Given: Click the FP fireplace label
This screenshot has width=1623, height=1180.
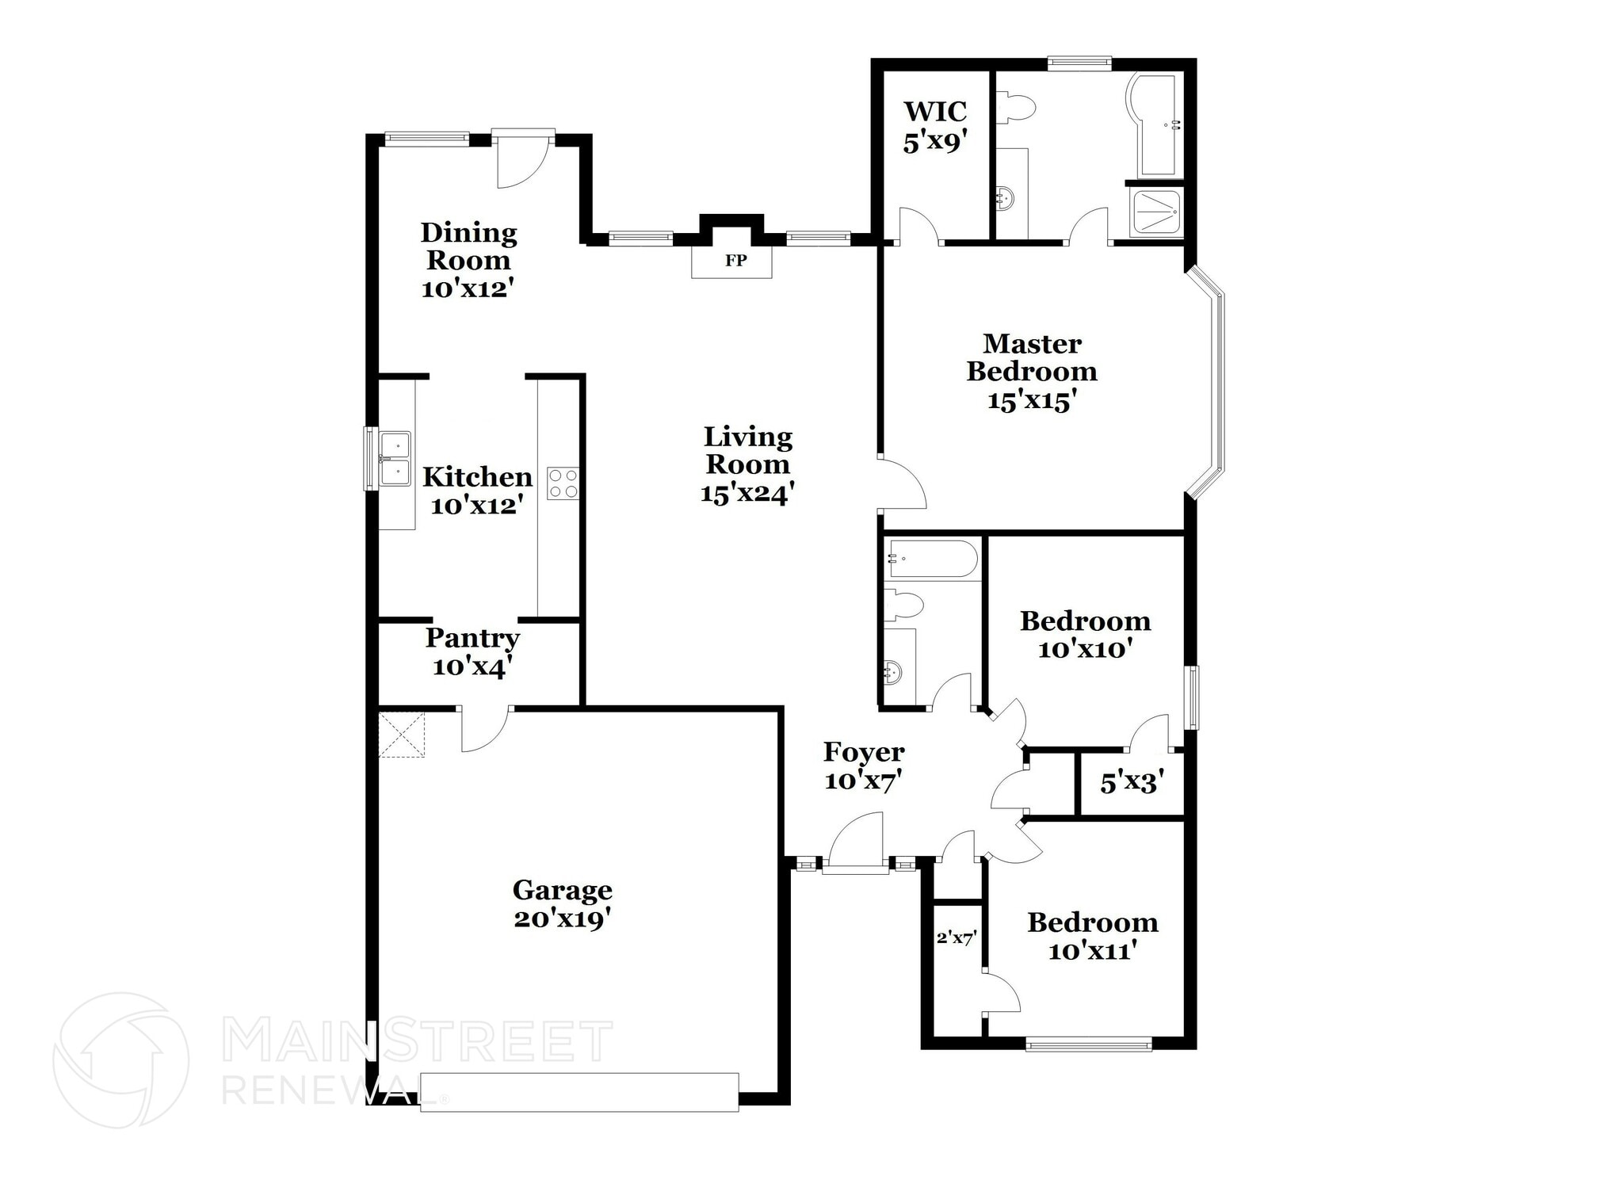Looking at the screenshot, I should point(735,261).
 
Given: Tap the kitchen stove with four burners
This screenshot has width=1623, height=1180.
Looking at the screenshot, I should point(563,483).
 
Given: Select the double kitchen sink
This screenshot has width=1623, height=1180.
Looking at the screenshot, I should point(394,459).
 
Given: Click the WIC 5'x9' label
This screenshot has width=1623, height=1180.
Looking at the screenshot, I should point(934,126).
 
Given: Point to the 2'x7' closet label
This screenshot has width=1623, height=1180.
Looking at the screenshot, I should point(956,938).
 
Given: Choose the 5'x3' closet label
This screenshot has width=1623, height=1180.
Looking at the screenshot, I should point(1131,783).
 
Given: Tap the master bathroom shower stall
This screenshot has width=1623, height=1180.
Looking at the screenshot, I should point(1157,212).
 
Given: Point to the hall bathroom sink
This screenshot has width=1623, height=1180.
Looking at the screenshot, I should point(893,673).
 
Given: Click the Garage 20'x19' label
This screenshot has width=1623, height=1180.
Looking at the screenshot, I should point(562,904).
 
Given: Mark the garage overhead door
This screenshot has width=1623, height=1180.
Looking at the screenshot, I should point(579,1092).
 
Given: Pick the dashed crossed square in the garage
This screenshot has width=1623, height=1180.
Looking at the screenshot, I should point(402,735).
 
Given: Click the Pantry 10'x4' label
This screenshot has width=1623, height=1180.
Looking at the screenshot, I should point(472,651).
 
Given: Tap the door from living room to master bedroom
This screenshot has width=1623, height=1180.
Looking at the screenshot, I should point(902,483).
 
